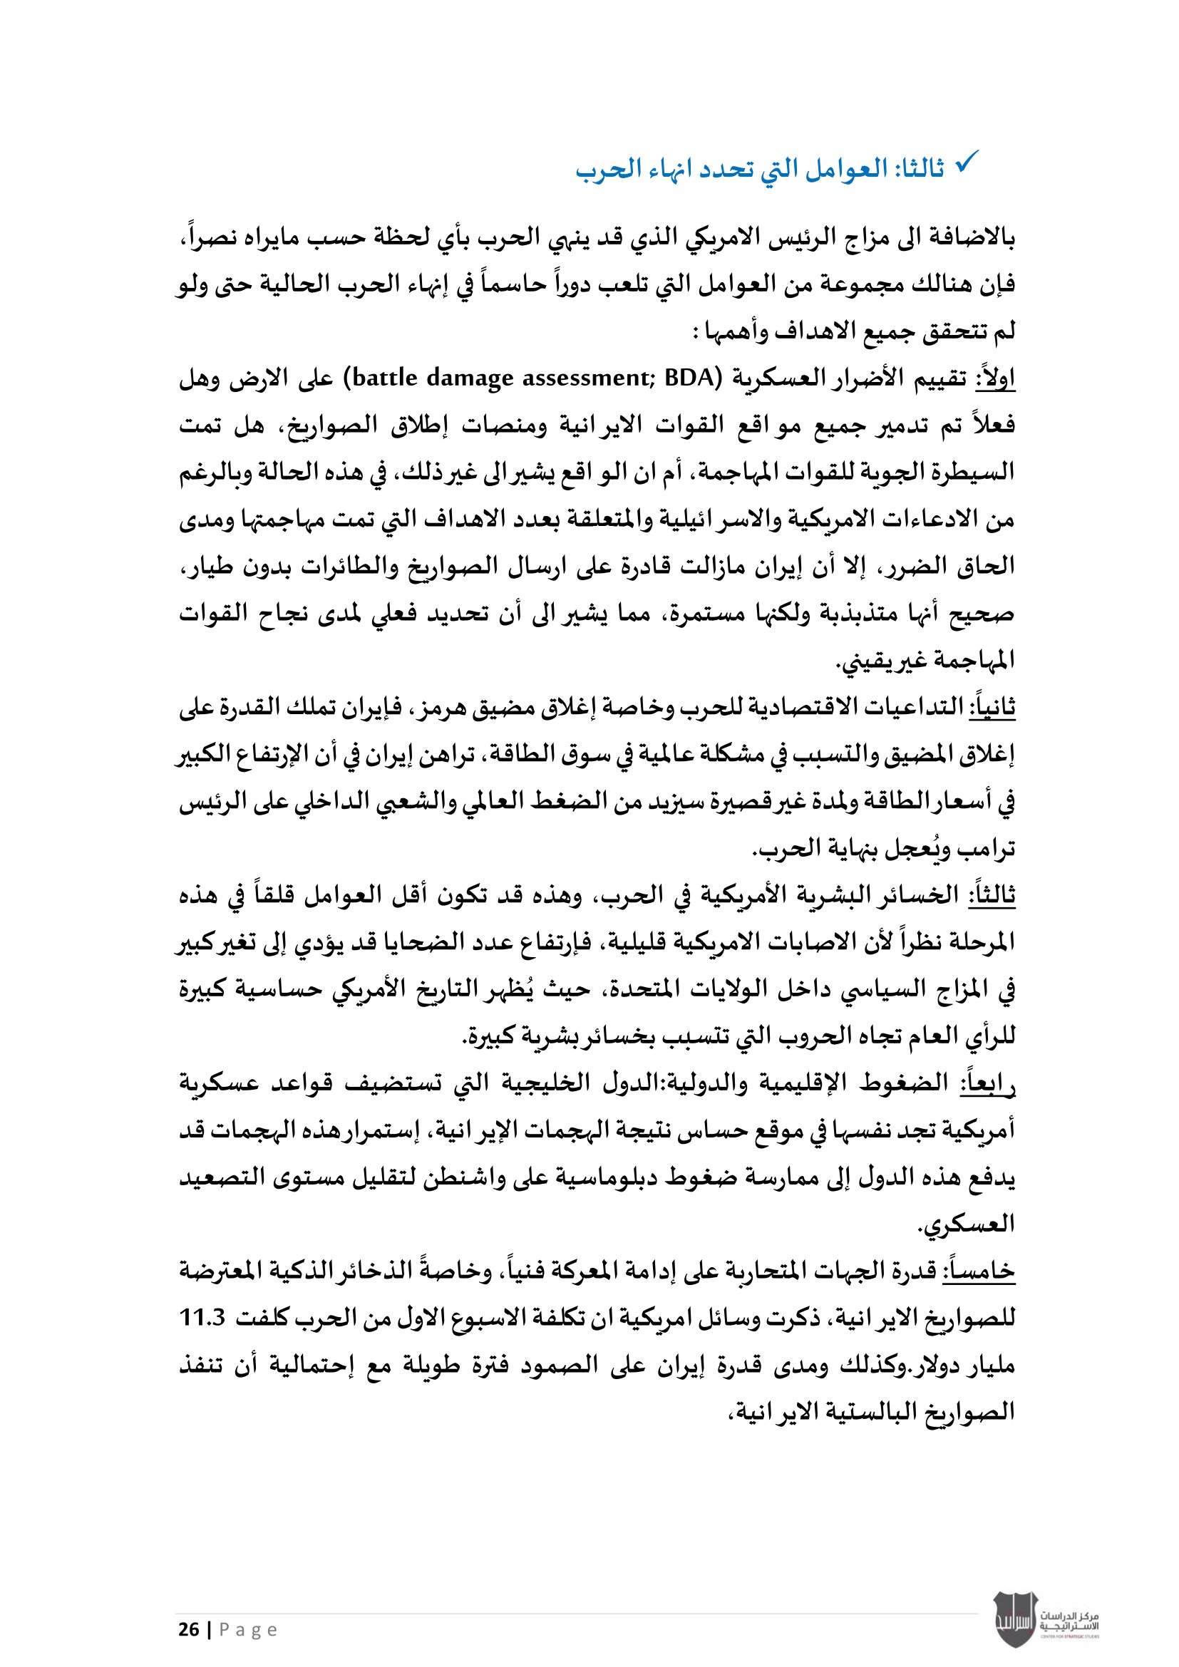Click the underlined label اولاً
[x=997, y=378]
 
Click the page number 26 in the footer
[x=189, y=1630]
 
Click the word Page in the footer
[x=248, y=1630]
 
